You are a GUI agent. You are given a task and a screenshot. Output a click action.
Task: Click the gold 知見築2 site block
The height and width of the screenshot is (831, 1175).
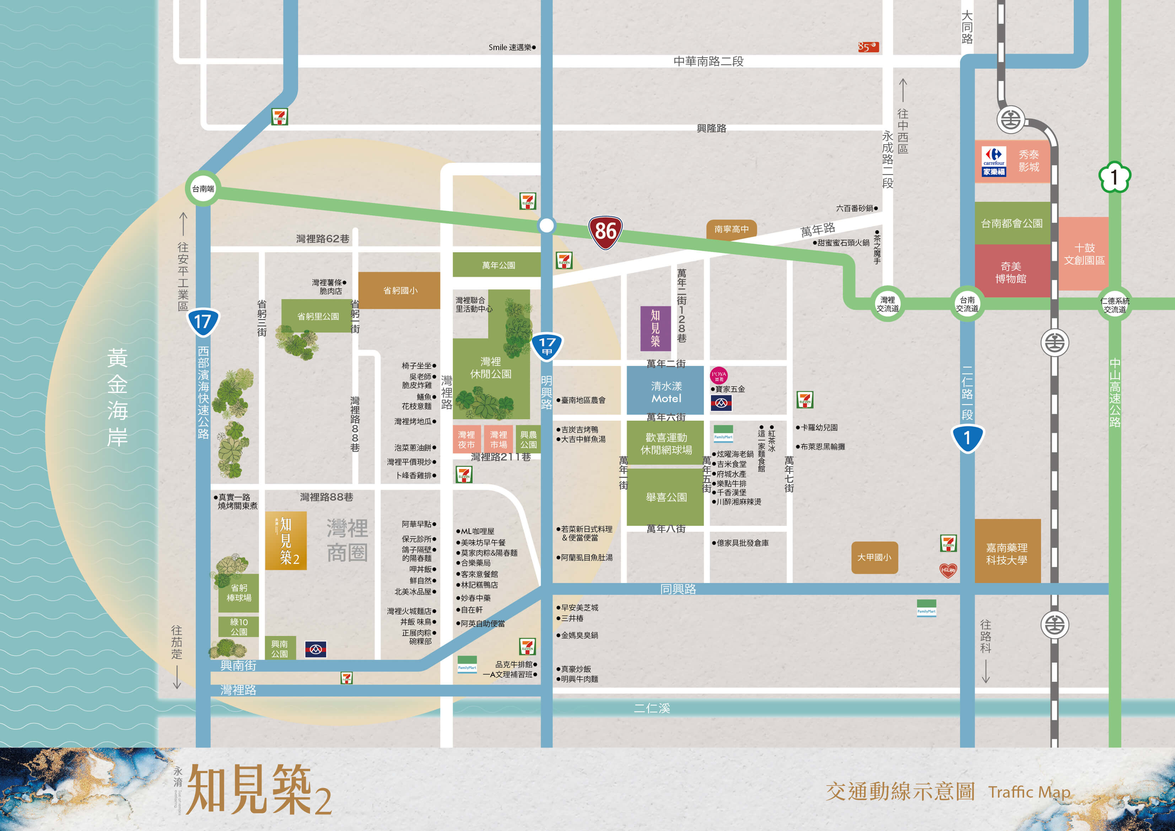click(x=286, y=540)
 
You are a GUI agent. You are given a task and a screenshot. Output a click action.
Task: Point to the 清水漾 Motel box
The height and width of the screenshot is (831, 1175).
click(x=666, y=392)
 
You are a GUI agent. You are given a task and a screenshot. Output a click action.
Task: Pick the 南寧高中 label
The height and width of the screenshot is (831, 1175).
click(x=731, y=229)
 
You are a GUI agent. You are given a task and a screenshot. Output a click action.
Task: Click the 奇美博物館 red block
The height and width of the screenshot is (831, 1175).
click(x=1011, y=272)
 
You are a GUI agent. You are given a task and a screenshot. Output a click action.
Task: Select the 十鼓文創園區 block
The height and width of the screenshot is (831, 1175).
click(x=1084, y=254)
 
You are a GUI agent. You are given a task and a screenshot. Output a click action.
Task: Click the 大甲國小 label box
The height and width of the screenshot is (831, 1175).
click(x=874, y=557)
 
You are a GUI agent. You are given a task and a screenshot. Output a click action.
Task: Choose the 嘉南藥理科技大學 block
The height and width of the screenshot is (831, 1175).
click(x=1007, y=553)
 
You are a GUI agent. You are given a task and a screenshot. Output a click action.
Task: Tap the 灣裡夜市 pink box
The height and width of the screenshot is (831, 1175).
click(x=466, y=439)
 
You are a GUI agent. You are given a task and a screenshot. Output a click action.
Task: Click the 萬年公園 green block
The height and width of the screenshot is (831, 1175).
click(x=497, y=265)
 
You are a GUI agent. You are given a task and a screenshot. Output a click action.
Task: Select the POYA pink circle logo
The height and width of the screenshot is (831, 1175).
click(x=718, y=375)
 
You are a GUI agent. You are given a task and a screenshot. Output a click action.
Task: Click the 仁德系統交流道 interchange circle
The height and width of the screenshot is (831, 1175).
click(x=1115, y=304)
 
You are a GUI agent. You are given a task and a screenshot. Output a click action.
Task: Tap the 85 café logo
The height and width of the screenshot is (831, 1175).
click(x=868, y=47)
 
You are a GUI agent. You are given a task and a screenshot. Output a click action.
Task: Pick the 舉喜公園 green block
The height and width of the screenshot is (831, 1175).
click(x=666, y=497)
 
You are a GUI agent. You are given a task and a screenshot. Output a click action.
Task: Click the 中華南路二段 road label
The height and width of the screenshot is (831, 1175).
click(x=708, y=61)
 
